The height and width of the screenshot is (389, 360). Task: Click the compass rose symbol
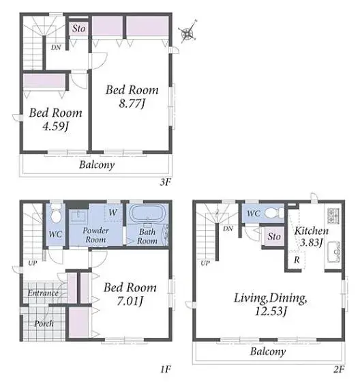(x=187, y=33)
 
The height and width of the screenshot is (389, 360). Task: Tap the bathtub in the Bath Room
(x=147, y=214)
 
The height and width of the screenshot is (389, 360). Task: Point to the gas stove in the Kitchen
(x=333, y=216)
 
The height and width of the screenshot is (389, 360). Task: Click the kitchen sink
(x=333, y=252)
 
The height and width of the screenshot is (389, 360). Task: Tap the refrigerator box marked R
(x=297, y=260)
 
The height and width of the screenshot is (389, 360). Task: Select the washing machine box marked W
(x=113, y=212)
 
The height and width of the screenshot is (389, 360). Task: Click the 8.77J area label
(x=132, y=104)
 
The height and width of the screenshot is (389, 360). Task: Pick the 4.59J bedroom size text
(x=55, y=126)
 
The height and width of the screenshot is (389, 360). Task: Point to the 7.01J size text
(x=130, y=301)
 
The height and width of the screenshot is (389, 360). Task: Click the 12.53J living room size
(x=271, y=311)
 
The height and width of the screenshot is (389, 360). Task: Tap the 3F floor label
(x=166, y=182)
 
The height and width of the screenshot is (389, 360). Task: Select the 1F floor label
(x=166, y=370)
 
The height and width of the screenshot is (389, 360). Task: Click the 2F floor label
(x=339, y=370)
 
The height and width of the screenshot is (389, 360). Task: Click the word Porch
(x=44, y=323)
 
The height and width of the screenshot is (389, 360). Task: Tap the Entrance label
(x=43, y=293)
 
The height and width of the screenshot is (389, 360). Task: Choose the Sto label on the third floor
(x=79, y=29)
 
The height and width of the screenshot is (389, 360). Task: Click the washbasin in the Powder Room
(x=78, y=216)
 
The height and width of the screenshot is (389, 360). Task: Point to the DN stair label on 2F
(x=228, y=229)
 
